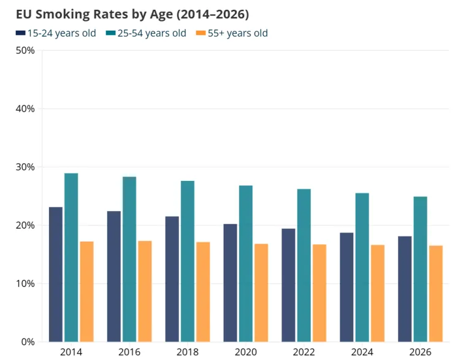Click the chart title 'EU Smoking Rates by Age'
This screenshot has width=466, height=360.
click(x=94, y=14)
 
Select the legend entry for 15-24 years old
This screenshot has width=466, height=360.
click(x=56, y=33)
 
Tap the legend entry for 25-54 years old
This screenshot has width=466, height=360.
click(x=146, y=33)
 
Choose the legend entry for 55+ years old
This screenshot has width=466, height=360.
click(x=232, y=33)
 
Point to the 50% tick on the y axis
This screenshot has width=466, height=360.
click(x=25, y=50)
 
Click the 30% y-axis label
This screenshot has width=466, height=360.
click(x=25, y=167)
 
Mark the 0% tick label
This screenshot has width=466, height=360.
click(x=28, y=342)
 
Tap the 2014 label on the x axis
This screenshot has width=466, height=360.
click(x=71, y=352)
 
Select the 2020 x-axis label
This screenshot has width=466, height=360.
click(x=246, y=352)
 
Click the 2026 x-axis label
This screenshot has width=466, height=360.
click(x=420, y=352)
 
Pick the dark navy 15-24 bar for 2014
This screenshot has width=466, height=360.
click(x=56, y=274)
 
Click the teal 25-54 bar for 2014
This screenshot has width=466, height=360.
click(x=71, y=258)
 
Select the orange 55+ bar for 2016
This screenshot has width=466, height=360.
click(x=145, y=291)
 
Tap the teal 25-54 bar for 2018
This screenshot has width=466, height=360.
click(x=188, y=261)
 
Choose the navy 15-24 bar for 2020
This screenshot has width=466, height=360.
click(x=231, y=283)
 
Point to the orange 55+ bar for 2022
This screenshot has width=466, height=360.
click(x=319, y=293)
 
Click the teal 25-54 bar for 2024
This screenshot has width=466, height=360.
click(x=362, y=267)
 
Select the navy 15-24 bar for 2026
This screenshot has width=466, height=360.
click(x=405, y=289)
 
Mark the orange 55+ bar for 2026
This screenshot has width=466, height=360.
click(x=436, y=294)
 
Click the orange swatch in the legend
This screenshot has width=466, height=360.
click(x=201, y=33)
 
